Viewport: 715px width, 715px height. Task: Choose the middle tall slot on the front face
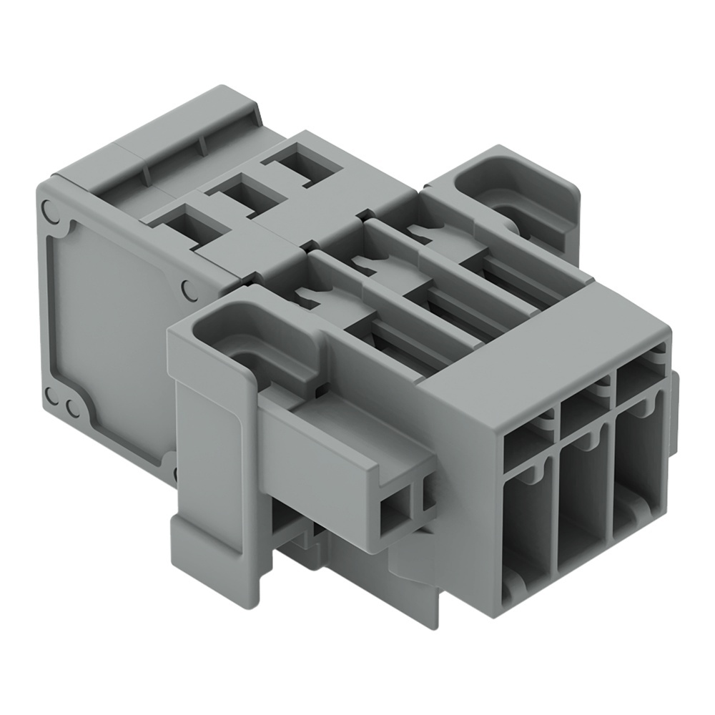pyautogui.click(x=582, y=500)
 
